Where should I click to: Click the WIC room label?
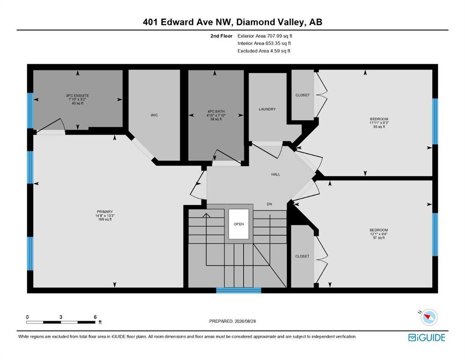(154, 115)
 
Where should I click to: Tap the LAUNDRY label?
(267, 109)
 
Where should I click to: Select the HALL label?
(275, 174)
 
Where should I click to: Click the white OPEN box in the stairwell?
(238, 224)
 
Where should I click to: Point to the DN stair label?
(269, 204)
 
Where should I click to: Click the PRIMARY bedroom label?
(105, 212)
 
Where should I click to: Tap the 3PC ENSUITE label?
(77, 96)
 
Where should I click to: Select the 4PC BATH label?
(216, 112)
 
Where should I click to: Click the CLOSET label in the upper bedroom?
(303, 95)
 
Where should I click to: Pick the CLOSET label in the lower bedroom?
(302, 256)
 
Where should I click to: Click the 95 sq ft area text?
(379, 127)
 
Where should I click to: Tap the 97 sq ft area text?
(379, 238)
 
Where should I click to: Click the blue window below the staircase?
(238, 290)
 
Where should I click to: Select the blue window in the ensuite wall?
(30, 111)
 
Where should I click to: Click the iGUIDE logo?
(427, 338)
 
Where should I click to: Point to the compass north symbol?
(428, 317)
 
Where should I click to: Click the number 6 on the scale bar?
(95, 317)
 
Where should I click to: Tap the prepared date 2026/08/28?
(245, 321)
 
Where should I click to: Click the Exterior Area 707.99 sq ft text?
(265, 36)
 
